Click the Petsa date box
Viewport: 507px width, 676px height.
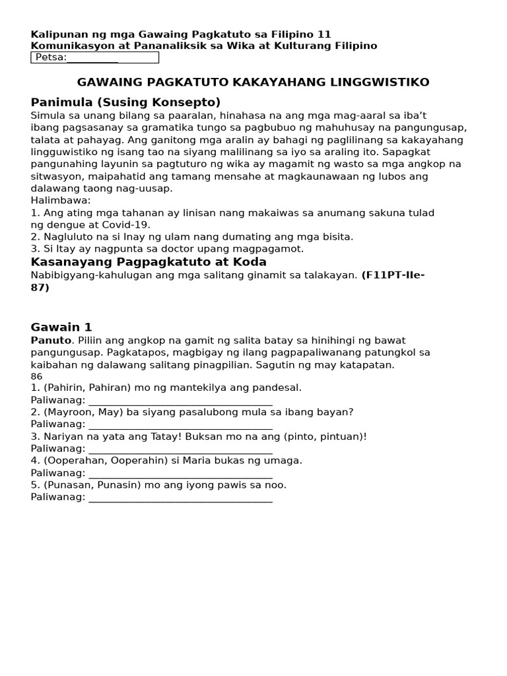(94, 57)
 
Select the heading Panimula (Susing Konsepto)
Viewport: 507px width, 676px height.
(125, 102)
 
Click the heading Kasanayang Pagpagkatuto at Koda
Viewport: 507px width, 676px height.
(149, 262)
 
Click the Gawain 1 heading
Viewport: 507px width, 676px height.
(61, 327)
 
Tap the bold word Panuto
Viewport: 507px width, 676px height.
(51, 340)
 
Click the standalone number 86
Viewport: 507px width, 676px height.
(36, 376)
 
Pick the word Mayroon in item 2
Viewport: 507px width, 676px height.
(67, 412)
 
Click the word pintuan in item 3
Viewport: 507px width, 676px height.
(343, 436)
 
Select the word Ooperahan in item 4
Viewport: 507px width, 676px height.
(73, 461)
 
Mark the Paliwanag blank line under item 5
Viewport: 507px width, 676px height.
(180, 498)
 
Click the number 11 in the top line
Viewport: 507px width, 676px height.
(324, 34)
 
